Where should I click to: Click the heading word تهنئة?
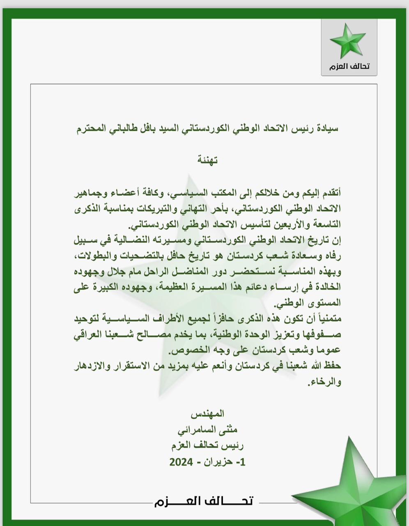point(208,159)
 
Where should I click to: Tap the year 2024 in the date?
point(181,462)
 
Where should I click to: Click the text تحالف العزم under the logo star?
point(349,66)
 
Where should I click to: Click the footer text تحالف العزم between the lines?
point(204,501)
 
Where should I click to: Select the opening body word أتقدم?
point(330,192)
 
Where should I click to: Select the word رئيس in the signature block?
point(234,446)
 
